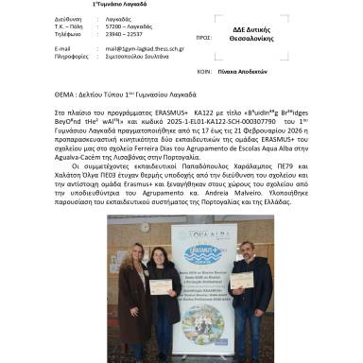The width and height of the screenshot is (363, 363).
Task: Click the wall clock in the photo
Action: [x=143, y=227]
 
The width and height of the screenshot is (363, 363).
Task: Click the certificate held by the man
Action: [x=242, y=280]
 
